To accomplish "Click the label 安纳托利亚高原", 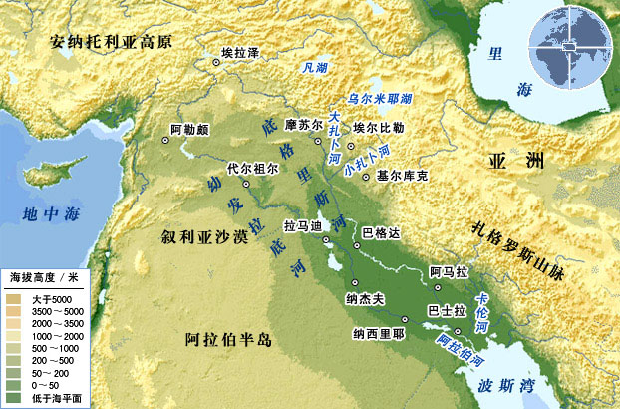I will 112,42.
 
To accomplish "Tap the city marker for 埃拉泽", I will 216,63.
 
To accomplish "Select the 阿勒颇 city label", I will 189,129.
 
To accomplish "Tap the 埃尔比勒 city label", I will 378,128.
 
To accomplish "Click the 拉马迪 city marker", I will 326,239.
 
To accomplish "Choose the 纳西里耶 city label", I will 378,335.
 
